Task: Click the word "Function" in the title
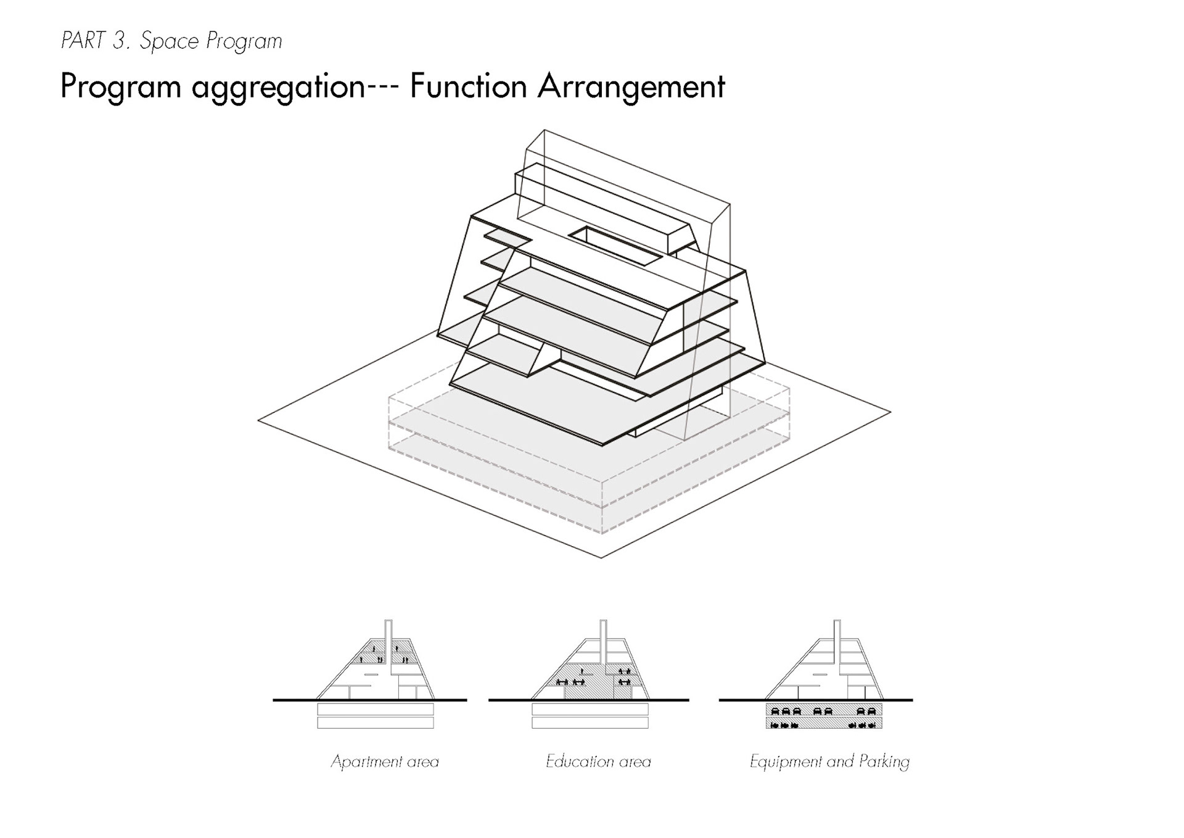point(468,86)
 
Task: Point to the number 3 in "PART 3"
point(119,41)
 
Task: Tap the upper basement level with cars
point(824,709)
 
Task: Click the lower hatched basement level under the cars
point(824,723)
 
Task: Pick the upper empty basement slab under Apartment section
point(376,709)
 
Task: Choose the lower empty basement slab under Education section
point(590,723)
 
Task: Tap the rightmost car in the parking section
point(871,711)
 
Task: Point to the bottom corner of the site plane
point(601,557)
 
